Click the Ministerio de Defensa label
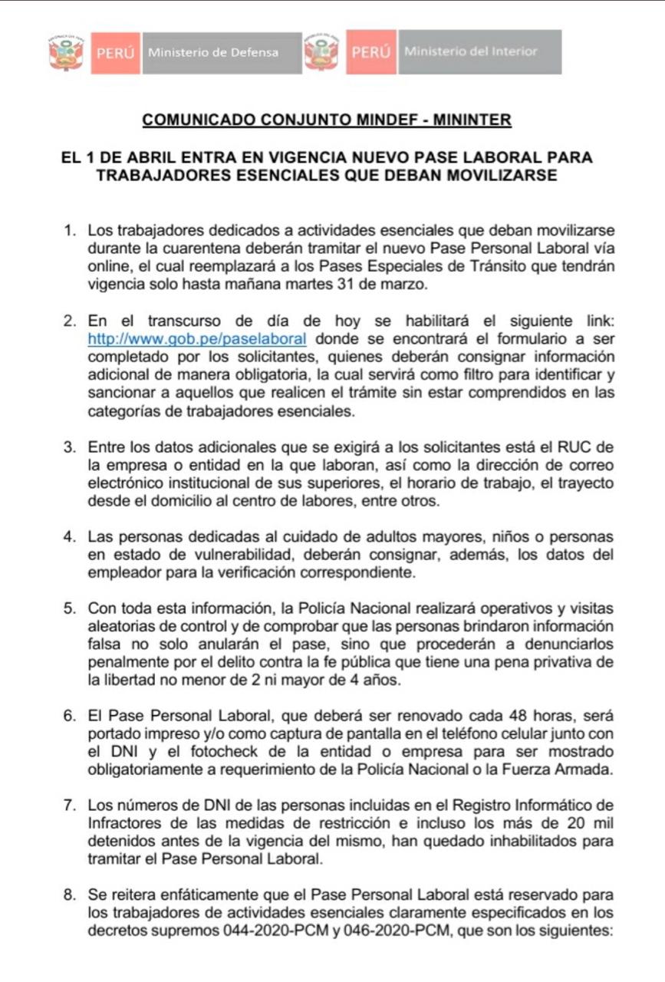(213, 53)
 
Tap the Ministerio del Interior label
(470, 51)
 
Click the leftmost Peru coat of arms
(66, 53)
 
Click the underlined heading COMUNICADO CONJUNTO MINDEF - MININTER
(327, 120)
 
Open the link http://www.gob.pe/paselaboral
(198, 338)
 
